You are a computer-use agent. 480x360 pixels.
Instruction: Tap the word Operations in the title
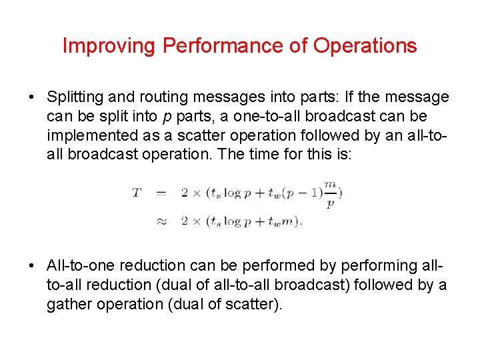(x=365, y=46)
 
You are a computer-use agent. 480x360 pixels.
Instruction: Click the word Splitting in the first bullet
(x=73, y=97)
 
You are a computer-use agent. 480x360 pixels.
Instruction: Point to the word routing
(x=149, y=97)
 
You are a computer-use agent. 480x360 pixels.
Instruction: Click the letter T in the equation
(x=137, y=193)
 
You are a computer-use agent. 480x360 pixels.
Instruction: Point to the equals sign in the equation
(x=161, y=193)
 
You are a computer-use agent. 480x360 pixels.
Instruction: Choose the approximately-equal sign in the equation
(x=161, y=221)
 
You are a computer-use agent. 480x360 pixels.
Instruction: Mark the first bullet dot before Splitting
(x=32, y=98)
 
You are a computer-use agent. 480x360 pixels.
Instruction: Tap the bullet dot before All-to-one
(x=32, y=266)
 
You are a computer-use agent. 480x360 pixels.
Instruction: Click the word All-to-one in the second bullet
(x=81, y=265)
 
